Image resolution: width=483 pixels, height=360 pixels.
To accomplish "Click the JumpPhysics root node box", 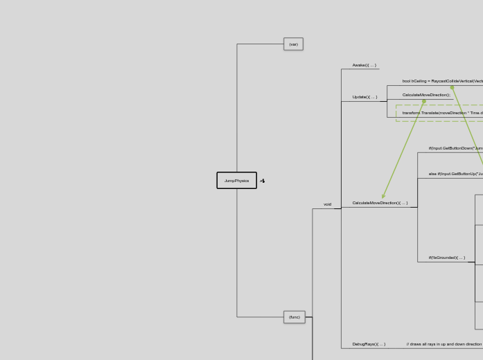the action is [x=236, y=181].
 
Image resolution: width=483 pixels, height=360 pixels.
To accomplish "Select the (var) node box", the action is [x=293, y=44].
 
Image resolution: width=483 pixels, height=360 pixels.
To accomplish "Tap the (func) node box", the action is [x=295, y=317].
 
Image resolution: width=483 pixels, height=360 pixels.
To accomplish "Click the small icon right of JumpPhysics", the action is [x=263, y=181].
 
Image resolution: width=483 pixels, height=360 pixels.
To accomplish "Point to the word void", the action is [x=327, y=204].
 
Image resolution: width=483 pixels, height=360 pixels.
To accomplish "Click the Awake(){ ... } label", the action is [x=364, y=65].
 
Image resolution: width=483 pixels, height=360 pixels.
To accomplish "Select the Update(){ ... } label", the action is [x=365, y=97].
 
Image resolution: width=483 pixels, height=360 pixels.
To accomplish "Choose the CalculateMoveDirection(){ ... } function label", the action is [x=380, y=203].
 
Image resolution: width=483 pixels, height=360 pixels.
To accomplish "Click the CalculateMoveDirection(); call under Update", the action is [x=426, y=95].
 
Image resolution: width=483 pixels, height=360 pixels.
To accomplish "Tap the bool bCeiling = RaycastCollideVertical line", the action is [x=442, y=81].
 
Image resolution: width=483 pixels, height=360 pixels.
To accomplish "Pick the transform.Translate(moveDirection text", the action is [x=442, y=113].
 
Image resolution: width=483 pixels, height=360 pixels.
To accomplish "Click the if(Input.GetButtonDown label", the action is [x=455, y=148].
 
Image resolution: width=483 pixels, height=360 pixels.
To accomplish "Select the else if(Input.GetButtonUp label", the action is [x=455, y=174].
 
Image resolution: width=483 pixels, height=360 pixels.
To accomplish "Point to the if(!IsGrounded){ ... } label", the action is [x=446, y=258].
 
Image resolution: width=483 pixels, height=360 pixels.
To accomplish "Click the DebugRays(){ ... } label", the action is [x=369, y=344].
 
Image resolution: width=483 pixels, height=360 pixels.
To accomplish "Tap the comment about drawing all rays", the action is [x=444, y=344].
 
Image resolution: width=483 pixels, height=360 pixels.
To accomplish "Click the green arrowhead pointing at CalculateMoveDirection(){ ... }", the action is [x=383, y=197].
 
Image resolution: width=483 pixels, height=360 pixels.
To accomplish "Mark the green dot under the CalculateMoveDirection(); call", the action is [x=424, y=101].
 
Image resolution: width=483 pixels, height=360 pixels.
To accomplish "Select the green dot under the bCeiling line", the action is [x=453, y=88].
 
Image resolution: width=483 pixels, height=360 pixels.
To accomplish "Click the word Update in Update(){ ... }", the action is [x=359, y=97].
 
